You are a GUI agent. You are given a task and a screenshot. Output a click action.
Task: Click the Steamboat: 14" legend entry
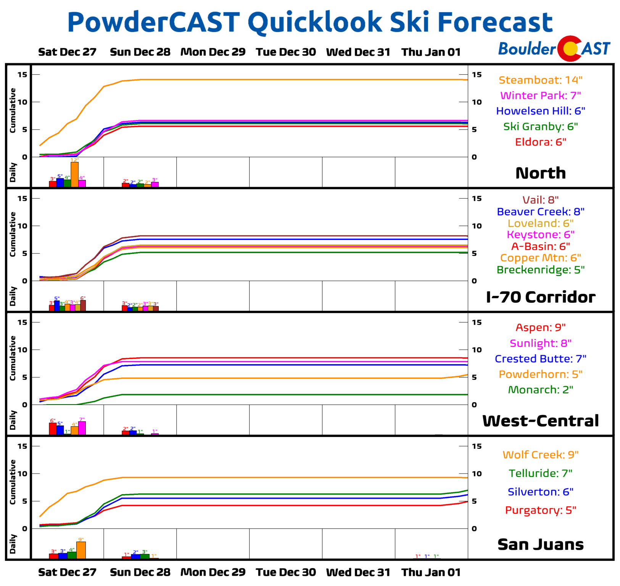540,80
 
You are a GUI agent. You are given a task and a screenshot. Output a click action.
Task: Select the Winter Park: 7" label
540,95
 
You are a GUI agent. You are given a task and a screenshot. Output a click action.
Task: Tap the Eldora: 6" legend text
540,142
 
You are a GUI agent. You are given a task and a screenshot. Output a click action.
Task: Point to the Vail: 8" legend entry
540,200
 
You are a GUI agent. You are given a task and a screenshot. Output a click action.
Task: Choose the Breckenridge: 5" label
540,270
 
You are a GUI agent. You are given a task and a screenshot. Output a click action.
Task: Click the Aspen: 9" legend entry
540,328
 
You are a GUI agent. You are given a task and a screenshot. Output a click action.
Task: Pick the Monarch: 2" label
540,390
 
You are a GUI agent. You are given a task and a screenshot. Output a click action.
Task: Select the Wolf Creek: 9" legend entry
540,455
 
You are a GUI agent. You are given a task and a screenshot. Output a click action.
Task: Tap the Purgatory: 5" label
540,510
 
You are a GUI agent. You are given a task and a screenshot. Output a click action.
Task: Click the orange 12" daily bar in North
74,175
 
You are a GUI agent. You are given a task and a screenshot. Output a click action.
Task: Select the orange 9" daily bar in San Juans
81,550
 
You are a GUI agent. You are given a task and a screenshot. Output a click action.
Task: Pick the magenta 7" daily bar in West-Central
82,428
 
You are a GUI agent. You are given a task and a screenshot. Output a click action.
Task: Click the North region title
540,173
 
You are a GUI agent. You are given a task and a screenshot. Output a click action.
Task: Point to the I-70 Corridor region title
540,297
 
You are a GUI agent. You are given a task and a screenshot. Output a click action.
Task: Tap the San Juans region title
540,544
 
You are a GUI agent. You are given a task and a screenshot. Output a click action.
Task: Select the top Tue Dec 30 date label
286,52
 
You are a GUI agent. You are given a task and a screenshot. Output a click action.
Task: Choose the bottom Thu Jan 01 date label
431,572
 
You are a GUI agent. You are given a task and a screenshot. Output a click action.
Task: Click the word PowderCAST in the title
153,22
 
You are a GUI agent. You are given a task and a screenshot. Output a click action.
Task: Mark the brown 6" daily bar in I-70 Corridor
83,305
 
